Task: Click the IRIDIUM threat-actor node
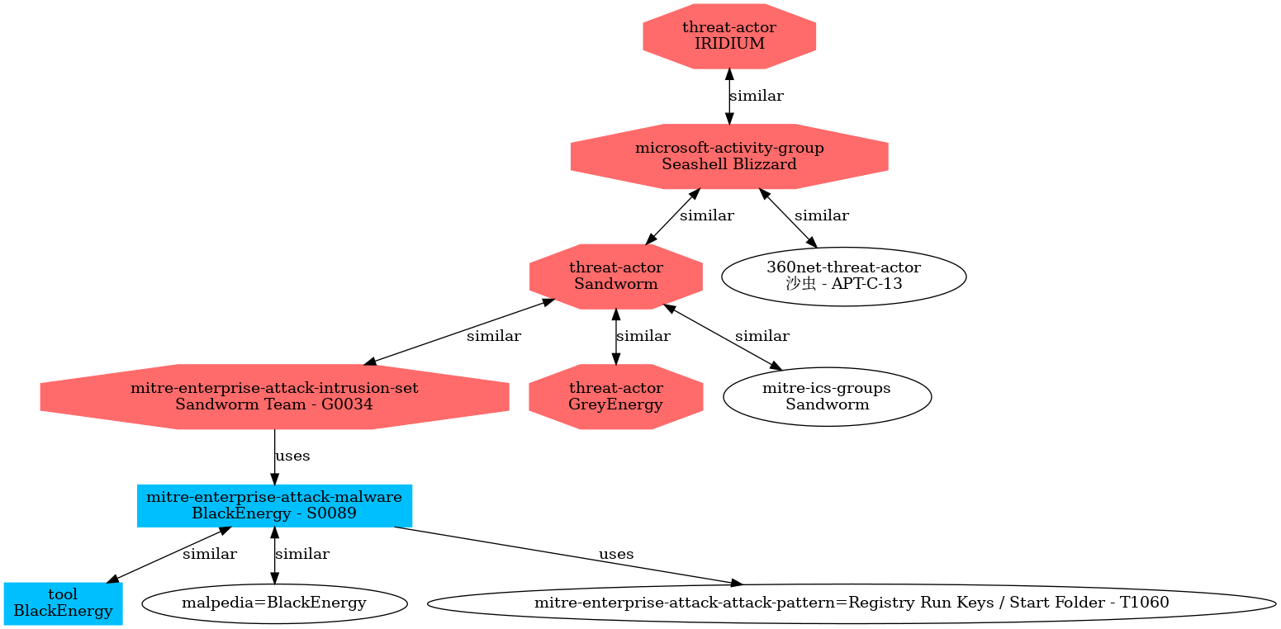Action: coord(729,36)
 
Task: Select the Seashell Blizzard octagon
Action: coord(729,156)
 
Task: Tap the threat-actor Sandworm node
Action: coord(616,277)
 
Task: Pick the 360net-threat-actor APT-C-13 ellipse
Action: coord(844,277)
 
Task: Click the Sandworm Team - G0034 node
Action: coord(274,396)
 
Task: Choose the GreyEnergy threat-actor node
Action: coord(616,396)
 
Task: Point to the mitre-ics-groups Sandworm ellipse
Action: coord(827,396)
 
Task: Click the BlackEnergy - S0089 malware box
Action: coord(274,506)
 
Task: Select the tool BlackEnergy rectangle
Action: coord(63,603)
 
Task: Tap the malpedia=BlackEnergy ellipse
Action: coord(274,603)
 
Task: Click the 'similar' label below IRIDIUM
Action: coord(757,96)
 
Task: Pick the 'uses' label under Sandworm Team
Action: coord(292,456)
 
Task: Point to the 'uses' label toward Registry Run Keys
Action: coord(616,554)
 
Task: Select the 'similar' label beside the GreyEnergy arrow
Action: coord(643,336)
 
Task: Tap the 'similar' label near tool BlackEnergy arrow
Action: coord(209,554)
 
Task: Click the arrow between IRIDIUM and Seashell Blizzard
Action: coord(729,97)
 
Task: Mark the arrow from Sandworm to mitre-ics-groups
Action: coord(723,337)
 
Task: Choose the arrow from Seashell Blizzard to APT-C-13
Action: coord(788,218)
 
